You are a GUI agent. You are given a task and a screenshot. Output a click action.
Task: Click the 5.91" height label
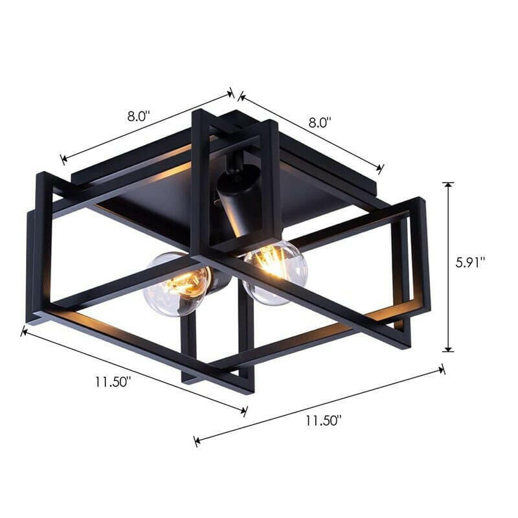[x=470, y=263]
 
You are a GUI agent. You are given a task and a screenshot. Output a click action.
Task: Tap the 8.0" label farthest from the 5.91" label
[x=139, y=117]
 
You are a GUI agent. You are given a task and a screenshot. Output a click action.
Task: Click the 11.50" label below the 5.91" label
[x=323, y=420]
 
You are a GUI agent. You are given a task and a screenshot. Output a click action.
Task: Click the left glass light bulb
[x=177, y=284]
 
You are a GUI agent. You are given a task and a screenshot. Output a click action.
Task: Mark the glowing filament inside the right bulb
[x=272, y=262]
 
